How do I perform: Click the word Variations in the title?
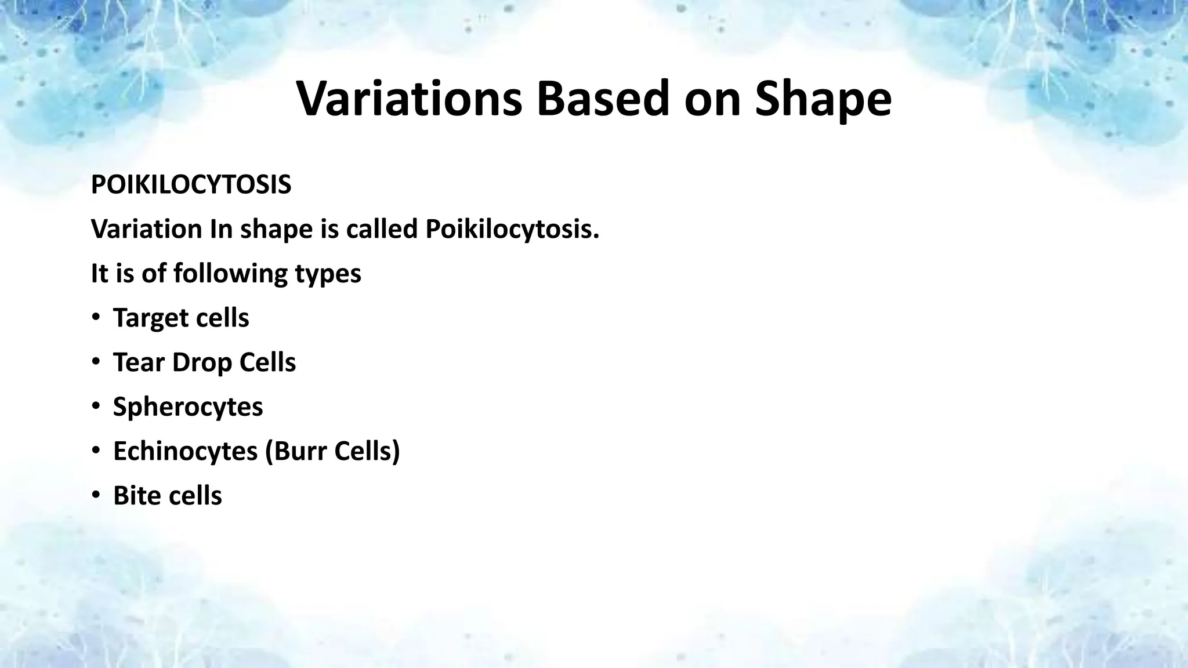[409, 99]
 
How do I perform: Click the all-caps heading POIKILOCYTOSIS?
[191, 186]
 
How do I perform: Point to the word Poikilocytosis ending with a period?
[512, 230]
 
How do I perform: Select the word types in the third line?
[328, 274]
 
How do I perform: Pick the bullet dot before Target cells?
[95, 318]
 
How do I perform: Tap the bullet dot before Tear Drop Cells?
[95, 362]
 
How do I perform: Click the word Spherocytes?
[188, 407]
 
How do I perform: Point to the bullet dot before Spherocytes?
[95, 406]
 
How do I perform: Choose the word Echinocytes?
[185, 451]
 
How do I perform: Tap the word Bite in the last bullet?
[135, 496]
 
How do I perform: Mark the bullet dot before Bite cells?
[95, 496]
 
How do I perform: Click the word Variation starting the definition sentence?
[146, 230]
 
